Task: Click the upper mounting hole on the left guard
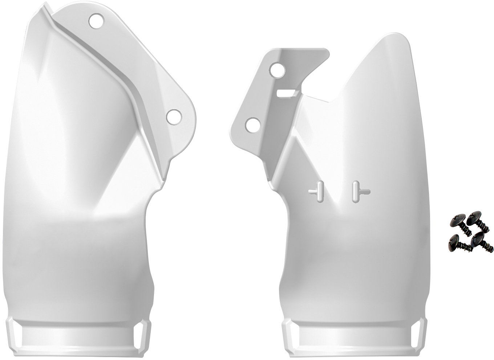96,21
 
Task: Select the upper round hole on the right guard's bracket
278,69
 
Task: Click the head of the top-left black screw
457,220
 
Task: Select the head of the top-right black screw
474,218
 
